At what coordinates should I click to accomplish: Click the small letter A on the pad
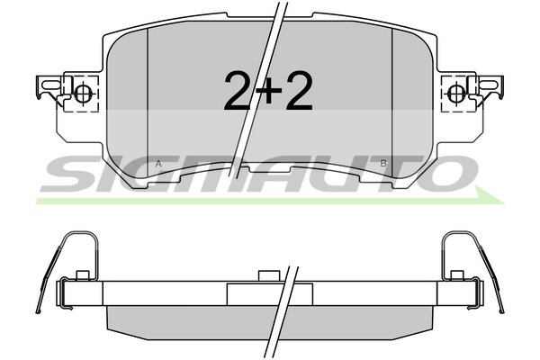pos(158,164)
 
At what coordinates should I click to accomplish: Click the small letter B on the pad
pos(383,163)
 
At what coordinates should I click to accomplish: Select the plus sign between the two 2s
pos(268,90)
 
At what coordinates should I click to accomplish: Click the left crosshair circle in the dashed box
pos(82,93)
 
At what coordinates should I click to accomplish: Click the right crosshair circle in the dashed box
pos(456,93)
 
